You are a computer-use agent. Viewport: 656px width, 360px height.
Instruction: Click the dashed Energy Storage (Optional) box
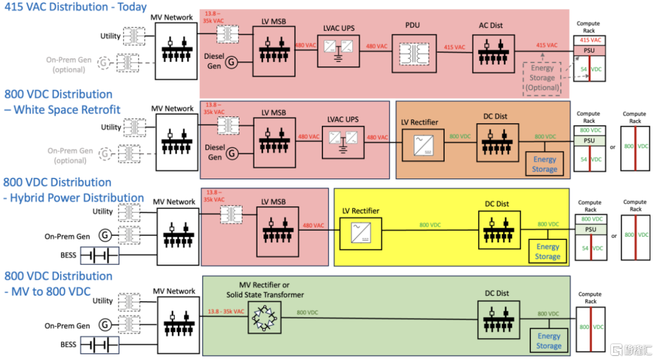542,78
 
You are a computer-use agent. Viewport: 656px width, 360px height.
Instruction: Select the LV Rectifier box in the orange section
419,146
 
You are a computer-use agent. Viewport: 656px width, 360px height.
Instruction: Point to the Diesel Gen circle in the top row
231,61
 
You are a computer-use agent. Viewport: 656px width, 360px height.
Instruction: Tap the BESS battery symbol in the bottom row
99,345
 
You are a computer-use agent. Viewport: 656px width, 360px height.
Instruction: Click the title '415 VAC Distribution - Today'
76,7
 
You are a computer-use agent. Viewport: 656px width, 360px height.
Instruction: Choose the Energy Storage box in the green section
548,341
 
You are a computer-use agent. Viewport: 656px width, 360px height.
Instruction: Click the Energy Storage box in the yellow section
547,251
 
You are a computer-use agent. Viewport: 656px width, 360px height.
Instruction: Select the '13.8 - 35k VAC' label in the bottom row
226,312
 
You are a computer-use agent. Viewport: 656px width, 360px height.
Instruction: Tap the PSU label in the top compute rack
589,51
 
